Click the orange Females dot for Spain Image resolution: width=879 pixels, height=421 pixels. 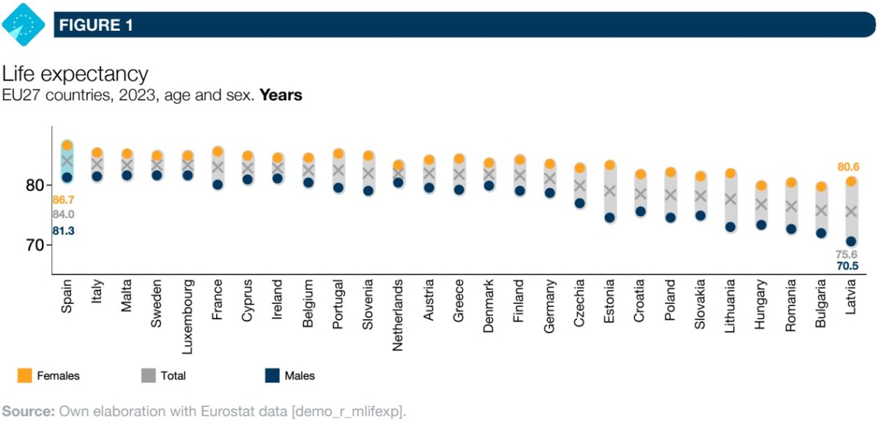point(67,146)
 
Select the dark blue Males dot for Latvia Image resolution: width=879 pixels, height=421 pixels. point(851,242)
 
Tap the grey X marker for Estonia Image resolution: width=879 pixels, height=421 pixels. point(609,191)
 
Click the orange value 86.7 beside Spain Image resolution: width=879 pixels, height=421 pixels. point(63,199)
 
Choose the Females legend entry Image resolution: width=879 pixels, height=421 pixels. point(48,376)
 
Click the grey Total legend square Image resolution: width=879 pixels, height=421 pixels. point(147,376)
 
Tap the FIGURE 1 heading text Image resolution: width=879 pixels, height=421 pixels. point(96,26)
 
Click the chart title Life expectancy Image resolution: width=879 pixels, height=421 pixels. point(75,74)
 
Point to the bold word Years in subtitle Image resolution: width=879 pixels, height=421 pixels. point(281,95)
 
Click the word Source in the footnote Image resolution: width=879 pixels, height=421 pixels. point(28,411)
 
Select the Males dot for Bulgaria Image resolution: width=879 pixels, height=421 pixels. point(821,234)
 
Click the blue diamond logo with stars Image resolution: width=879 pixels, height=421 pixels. point(24,24)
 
